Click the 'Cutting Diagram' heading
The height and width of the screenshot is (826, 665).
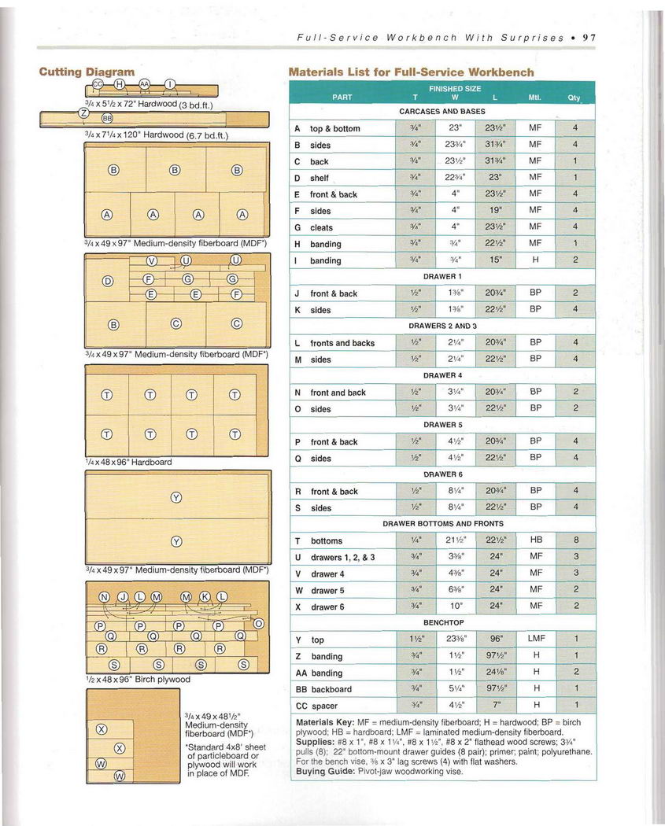point(87,72)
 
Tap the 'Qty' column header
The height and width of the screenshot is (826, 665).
point(574,98)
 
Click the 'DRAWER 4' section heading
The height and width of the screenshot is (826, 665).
point(442,375)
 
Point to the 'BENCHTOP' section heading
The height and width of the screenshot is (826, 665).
point(442,623)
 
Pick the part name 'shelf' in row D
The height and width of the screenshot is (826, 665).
point(320,179)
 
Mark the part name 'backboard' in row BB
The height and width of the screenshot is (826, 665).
point(331,689)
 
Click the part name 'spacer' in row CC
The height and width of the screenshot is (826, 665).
point(324,706)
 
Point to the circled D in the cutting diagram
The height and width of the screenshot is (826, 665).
point(109,282)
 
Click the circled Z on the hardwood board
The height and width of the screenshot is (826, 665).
point(83,112)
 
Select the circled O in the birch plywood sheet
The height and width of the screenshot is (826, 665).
point(260,624)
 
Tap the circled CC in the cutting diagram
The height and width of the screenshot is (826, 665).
point(98,83)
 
